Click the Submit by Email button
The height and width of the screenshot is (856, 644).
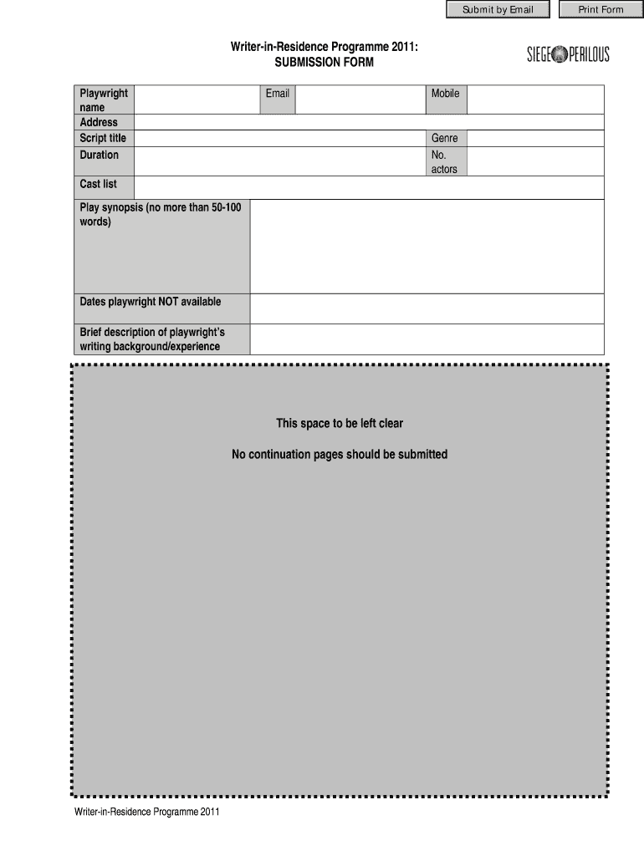(x=498, y=9)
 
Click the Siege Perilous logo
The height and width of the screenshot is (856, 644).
(x=568, y=55)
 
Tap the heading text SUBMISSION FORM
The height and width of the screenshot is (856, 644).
(x=325, y=63)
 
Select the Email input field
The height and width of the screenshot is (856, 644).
(x=360, y=99)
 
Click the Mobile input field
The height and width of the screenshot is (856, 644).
(x=534, y=99)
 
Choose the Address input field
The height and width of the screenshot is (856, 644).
(x=368, y=122)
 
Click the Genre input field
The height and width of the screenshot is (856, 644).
(x=534, y=138)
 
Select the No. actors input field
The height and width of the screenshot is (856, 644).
(x=534, y=161)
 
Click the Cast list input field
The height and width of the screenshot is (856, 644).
(x=368, y=187)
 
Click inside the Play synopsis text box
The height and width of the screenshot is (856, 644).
(x=427, y=247)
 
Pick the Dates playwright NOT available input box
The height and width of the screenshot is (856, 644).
(x=427, y=308)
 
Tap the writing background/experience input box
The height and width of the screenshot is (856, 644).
(x=427, y=339)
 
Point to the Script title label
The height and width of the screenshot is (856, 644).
(x=103, y=138)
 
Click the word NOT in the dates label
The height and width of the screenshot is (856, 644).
(x=169, y=301)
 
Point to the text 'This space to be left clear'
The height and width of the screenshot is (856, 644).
(x=340, y=423)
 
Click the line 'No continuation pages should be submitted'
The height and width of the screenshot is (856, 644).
(x=340, y=455)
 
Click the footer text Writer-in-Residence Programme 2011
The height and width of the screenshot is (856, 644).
(x=146, y=812)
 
